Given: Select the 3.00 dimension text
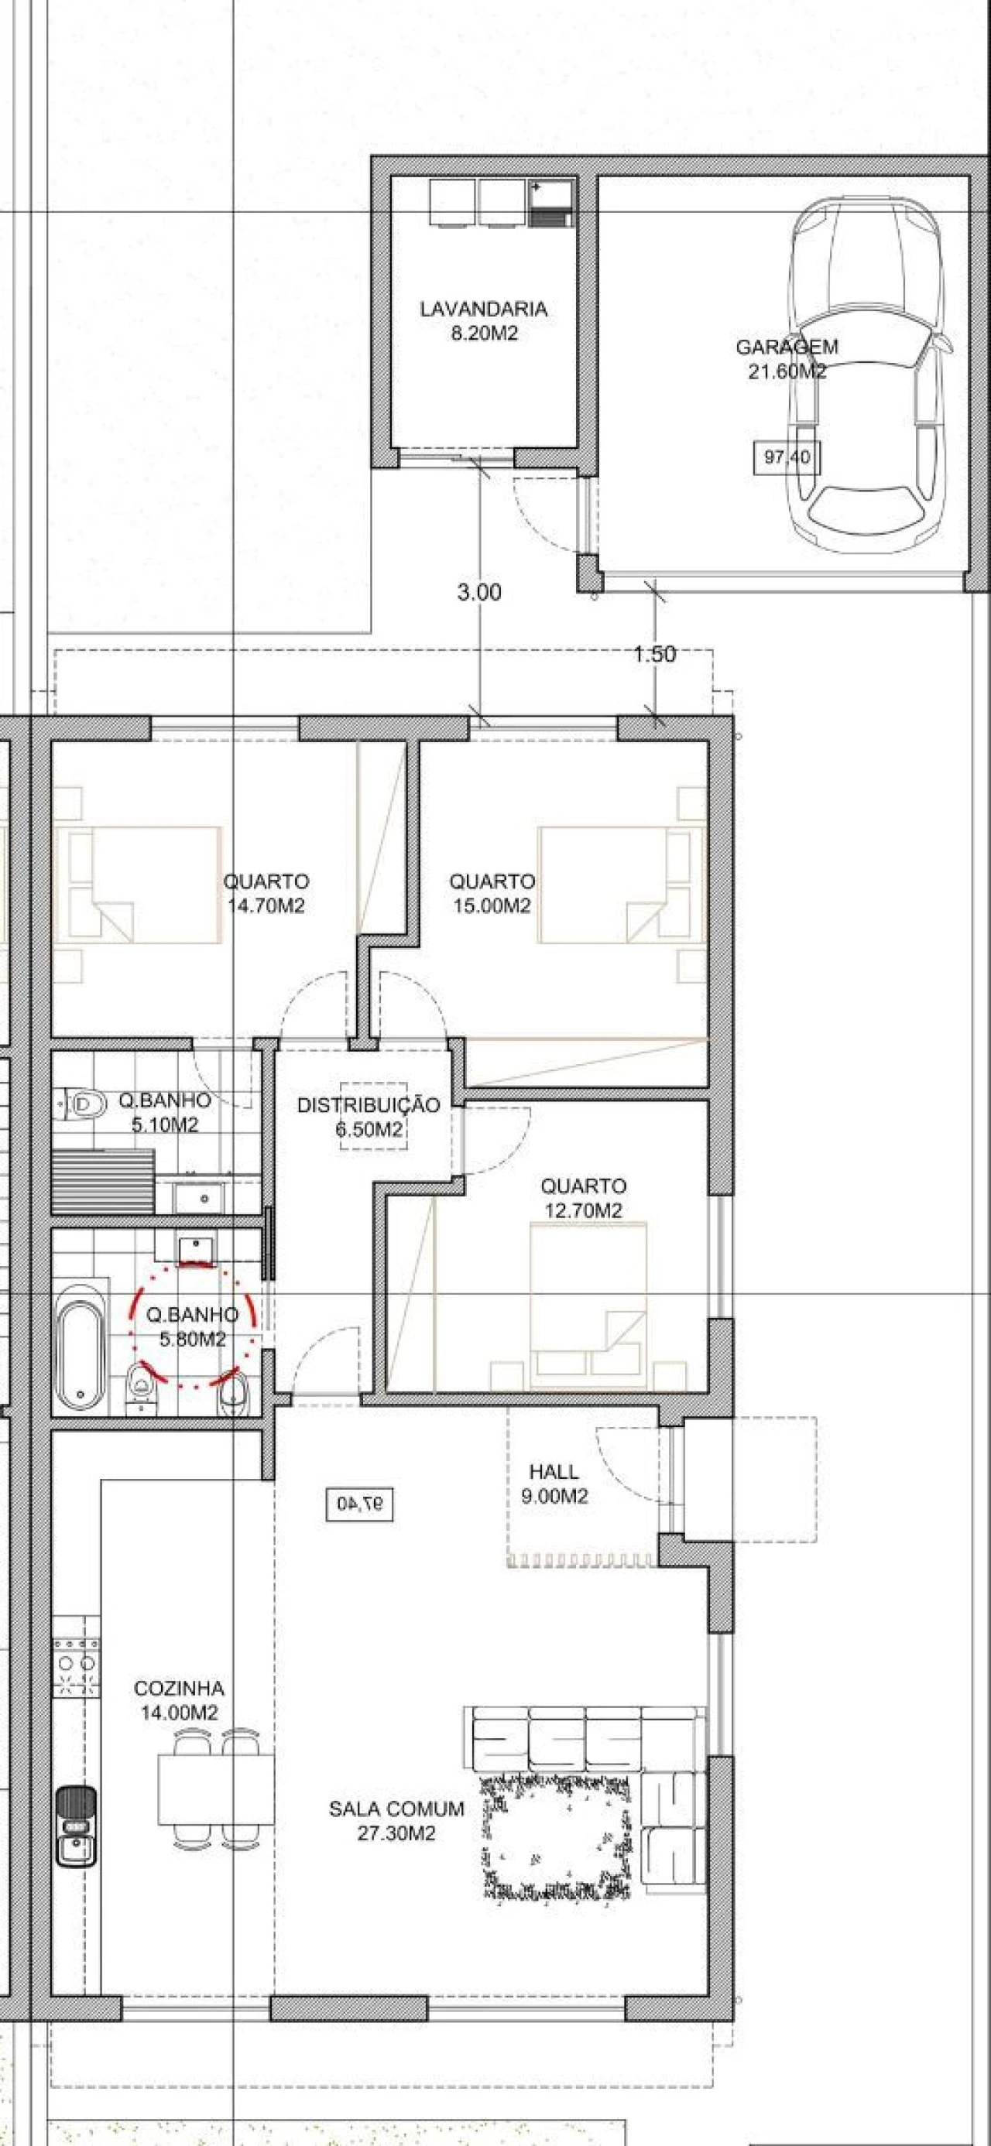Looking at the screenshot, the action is click(479, 592).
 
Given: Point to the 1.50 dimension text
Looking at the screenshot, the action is click(654, 654).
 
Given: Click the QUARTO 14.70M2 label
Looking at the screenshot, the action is click(266, 893).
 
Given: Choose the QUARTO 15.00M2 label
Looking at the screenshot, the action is click(492, 893).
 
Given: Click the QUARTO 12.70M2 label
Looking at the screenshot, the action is click(584, 1198).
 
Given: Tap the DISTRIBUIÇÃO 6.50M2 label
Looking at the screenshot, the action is click(369, 1117).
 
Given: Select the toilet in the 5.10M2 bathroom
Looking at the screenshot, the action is click(84, 1104).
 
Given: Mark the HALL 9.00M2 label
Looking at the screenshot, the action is click(554, 1484).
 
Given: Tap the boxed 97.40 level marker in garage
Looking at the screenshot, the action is click(787, 457).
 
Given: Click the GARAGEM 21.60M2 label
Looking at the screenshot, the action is click(787, 359).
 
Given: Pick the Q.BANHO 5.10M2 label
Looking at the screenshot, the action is click(164, 1112).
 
